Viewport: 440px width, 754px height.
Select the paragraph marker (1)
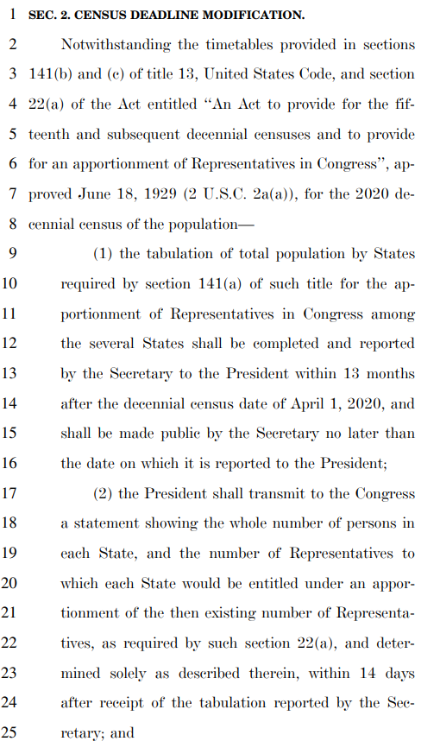(104, 254)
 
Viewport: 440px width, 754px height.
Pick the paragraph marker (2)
(104, 493)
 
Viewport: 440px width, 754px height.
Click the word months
(390, 374)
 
